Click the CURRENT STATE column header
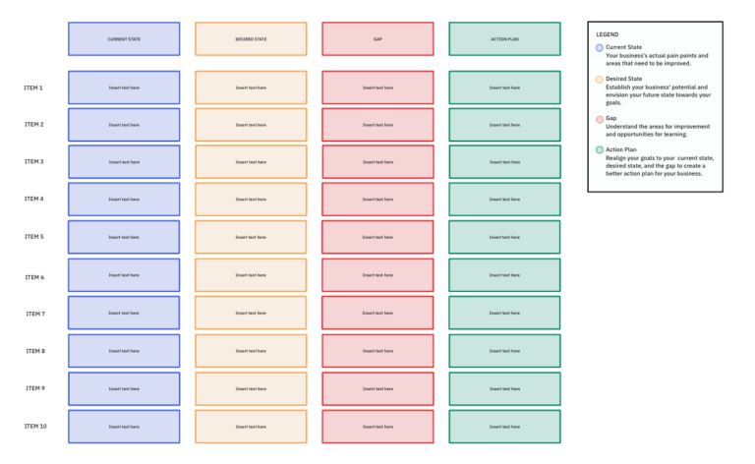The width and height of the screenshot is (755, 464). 124,39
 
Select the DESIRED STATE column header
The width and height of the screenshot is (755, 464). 251,39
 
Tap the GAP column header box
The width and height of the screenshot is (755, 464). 377,39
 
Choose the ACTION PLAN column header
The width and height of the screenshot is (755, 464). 504,39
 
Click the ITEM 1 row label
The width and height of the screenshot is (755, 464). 33,87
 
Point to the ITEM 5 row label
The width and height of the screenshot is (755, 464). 33,237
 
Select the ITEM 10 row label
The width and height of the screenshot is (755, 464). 35,427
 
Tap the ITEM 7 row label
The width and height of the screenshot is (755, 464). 34,314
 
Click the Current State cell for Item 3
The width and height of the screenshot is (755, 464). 124,162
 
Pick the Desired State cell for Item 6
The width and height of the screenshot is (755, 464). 251,275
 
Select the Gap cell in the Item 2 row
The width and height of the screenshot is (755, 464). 377,125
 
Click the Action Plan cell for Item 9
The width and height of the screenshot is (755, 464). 504,388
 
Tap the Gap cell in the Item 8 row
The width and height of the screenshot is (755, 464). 377,351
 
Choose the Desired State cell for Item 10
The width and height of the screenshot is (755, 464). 251,427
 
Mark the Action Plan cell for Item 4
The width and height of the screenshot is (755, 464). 504,200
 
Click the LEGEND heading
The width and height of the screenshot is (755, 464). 608,34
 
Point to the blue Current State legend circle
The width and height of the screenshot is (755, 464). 600,47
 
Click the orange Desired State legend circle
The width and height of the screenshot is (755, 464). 600,79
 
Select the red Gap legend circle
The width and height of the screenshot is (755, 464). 600,118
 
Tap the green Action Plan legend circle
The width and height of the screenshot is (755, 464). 600,149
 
